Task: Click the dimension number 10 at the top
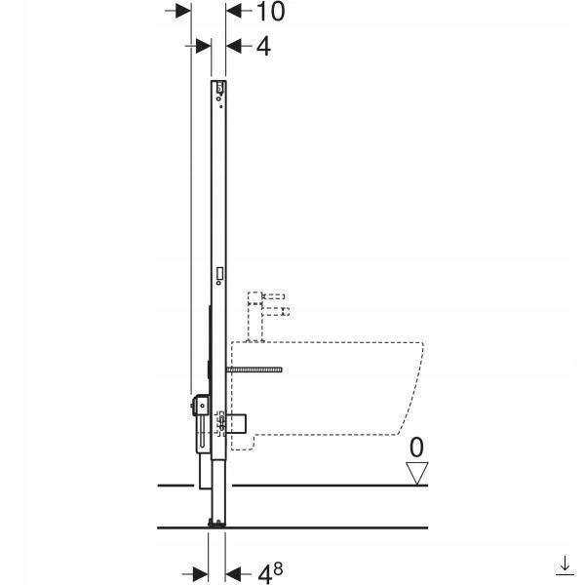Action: coord(271,11)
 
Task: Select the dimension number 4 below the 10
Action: coord(263,47)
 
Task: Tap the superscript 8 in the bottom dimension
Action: coord(278,569)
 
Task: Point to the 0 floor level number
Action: coord(416,448)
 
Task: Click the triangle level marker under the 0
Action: coord(416,473)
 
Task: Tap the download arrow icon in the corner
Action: coord(565,565)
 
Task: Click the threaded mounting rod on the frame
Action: coord(254,370)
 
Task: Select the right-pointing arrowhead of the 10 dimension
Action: coord(183,11)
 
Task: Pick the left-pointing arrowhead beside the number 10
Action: coord(234,11)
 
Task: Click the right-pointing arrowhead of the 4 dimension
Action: coord(204,46)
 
